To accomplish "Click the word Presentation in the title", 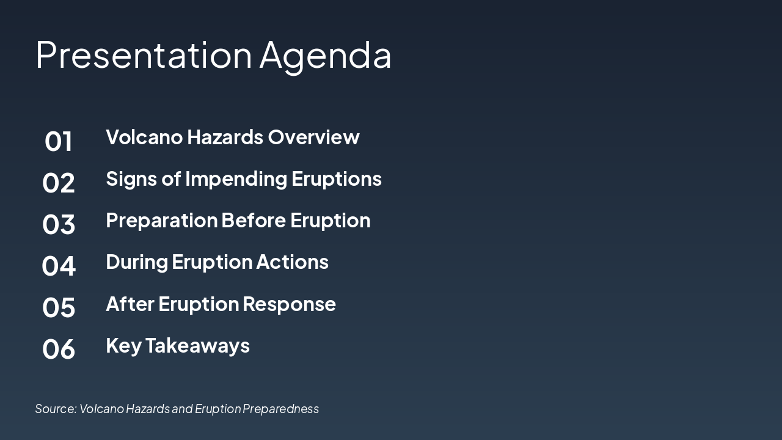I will pos(144,54).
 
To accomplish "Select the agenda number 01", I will pos(59,141).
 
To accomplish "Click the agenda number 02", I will pos(59,183).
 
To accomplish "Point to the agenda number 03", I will pos(59,224).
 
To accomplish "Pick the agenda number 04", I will pos(59,266).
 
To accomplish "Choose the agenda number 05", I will pos(59,307).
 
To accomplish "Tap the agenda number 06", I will pos(59,349).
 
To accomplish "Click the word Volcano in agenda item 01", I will pos(144,137).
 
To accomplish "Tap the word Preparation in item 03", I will pos(161,221).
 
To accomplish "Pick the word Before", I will pos(254,220).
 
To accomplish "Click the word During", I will pos(137,262).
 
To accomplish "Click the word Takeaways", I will pos(197,346).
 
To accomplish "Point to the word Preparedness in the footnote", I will pos(280,409).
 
